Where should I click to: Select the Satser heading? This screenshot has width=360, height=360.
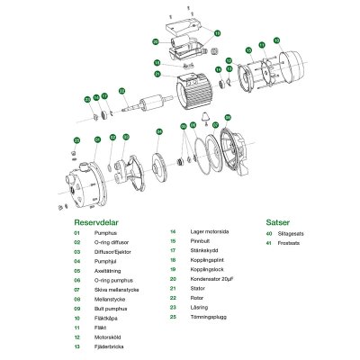click(278, 218)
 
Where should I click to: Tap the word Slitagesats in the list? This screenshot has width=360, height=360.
click(304, 233)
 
